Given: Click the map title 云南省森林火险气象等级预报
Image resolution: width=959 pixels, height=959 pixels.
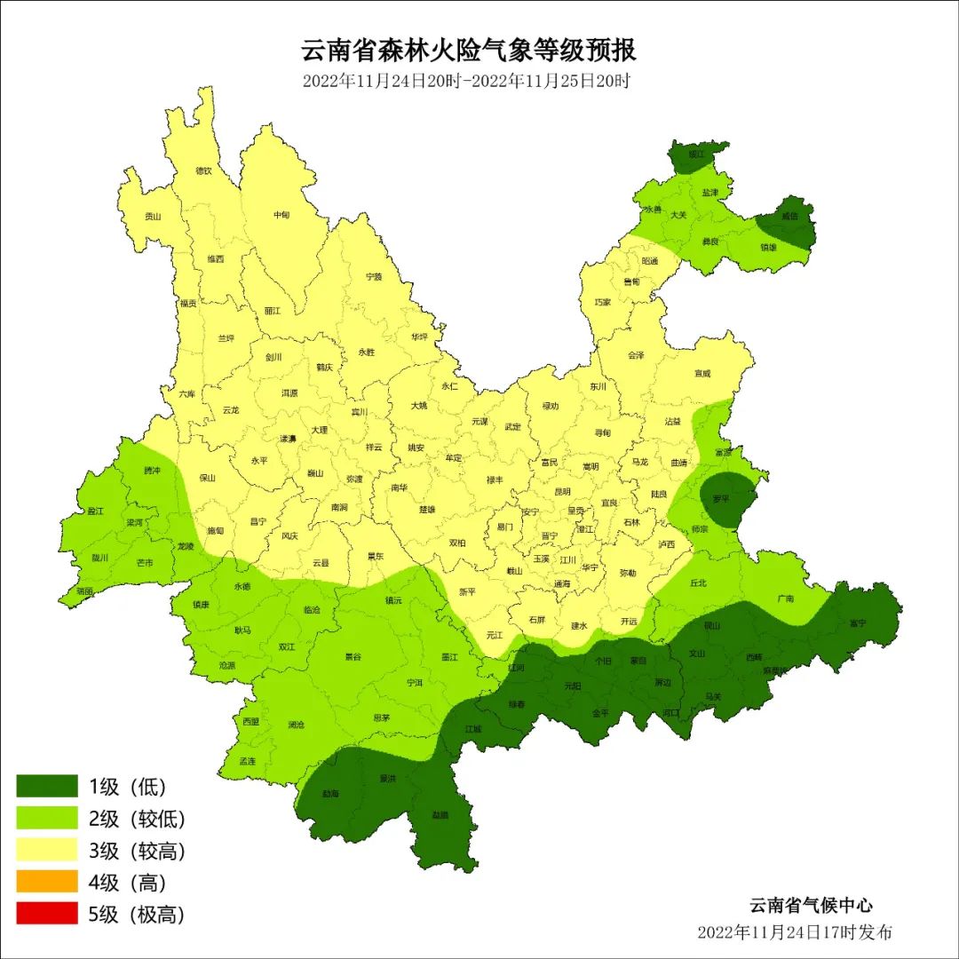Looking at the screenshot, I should (x=470, y=50).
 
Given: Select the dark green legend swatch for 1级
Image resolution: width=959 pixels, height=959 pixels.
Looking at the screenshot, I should (x=47, y=786).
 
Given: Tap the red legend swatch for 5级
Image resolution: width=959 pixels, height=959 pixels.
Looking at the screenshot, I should (x=47, y=914).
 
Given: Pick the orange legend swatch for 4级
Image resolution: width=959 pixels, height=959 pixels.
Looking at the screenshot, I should (x=47, y=882).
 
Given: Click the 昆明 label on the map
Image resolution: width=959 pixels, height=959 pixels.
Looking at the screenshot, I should (x=562, y=491).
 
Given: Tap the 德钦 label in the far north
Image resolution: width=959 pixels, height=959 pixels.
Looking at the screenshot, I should (x=203, y=170).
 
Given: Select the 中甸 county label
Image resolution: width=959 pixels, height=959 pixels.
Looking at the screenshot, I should (x=281, y=215).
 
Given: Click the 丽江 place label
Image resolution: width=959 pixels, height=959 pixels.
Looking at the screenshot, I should (x=273, y=311).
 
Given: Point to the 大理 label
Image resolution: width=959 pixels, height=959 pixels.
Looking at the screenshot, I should (x=319, y=430).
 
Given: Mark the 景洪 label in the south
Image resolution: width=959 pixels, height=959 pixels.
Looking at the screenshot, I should (x=387, y=778).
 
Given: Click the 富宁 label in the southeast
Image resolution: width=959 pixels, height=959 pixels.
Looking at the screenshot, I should (x=857, y=622).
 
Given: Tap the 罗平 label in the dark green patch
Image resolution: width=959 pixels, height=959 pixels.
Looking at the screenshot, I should (x=721, y=498).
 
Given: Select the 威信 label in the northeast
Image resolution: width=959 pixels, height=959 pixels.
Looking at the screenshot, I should (x=789, y=216).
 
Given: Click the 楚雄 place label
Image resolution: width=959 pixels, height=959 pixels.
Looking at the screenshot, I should (x=427, y=510).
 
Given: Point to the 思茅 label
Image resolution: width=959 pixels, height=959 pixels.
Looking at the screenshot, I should (x=382, y=717).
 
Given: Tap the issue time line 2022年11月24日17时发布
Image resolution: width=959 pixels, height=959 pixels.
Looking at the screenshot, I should (x=794, y=932).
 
